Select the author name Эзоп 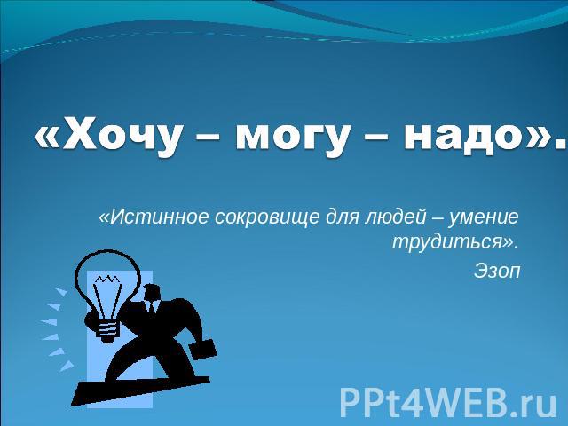click(x=497, y=271)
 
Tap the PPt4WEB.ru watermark click(x=447, y=402)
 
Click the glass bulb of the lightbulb click(x=107, y=281)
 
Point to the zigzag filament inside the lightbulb click(x=107, y=280)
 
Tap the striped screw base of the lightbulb click(x=107, y=330)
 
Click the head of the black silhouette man click(x=152, y=293)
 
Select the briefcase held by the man click(x=203, y=349)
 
